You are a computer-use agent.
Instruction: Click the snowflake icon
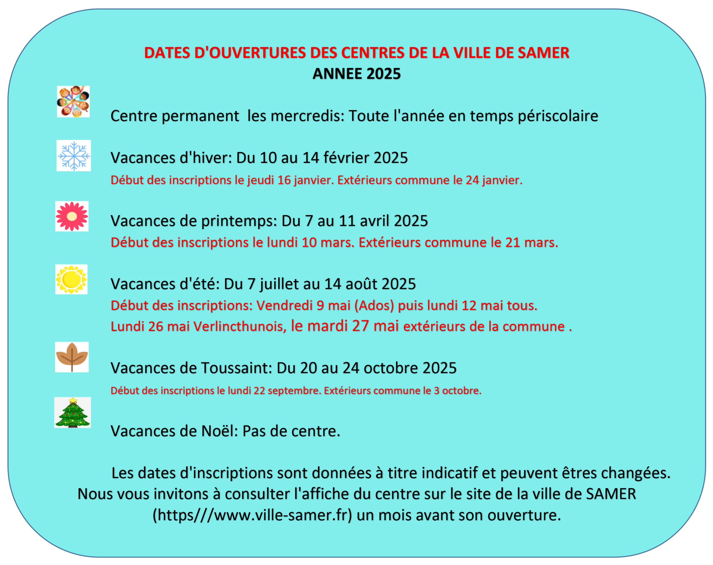point(74,155)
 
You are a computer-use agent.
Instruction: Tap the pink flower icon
point(72,216)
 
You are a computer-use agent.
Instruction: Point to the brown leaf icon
point(72,357)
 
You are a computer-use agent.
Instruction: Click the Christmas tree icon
point(72,413)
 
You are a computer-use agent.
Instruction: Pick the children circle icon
point(73,102)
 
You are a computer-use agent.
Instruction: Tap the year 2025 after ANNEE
point(383,74)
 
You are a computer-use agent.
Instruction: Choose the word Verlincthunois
point(239,326)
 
